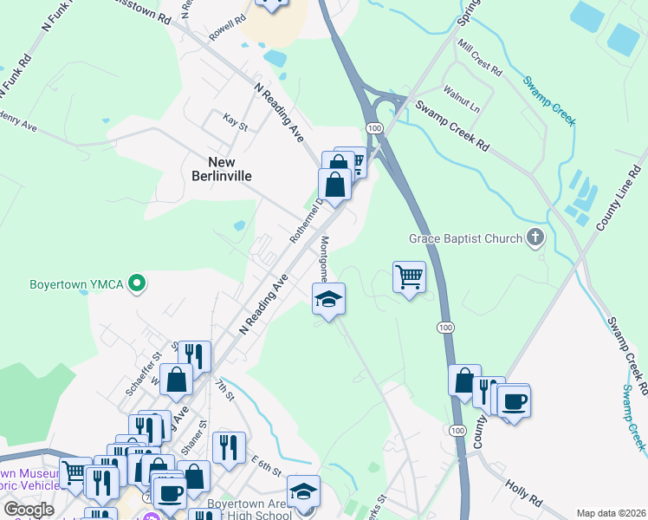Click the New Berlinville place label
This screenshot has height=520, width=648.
(230, 168)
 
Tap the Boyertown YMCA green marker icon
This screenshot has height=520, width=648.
(136, 283)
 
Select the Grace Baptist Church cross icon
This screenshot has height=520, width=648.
(536, 238)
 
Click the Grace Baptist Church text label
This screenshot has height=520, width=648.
(466, 238)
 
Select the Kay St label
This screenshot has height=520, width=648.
(235, 121)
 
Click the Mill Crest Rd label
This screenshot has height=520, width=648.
(480, 58)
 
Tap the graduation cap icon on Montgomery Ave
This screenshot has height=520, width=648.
(328, 300)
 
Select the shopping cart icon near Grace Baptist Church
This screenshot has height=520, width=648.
(409, 277)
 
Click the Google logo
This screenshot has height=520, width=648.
(29, 510)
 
